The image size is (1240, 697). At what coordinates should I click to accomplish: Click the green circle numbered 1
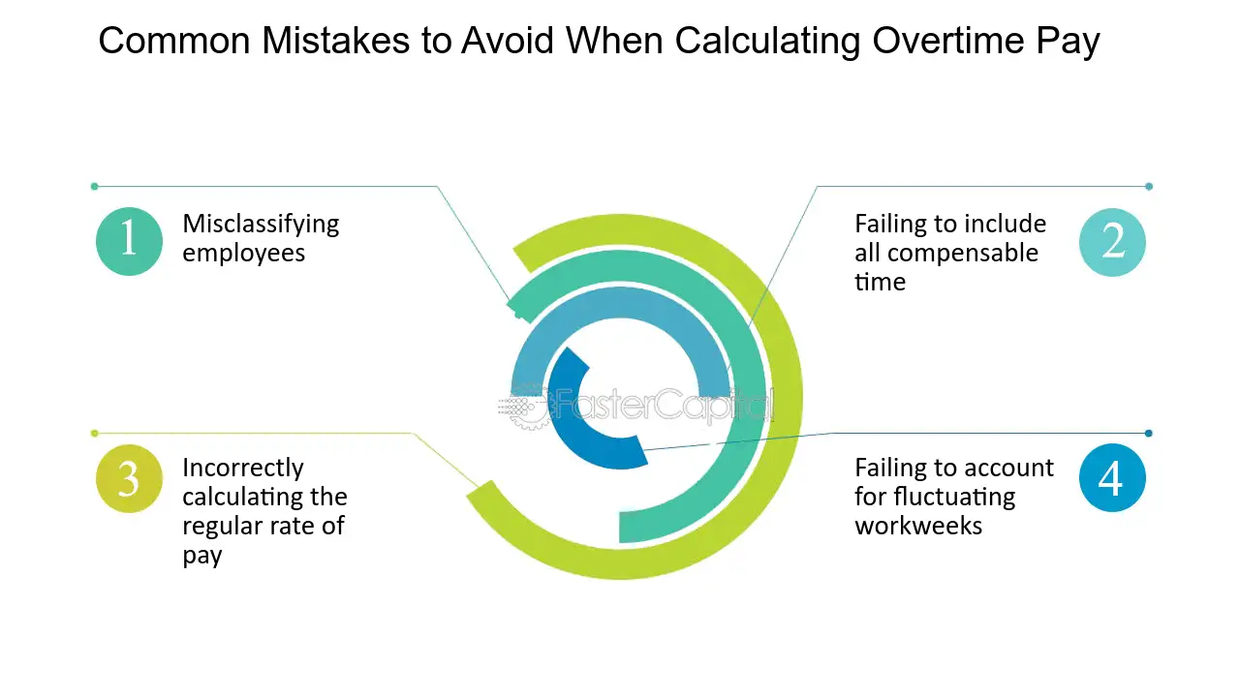click(x=129, y=241)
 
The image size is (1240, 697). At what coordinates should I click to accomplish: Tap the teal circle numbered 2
click(x=1112, y=242)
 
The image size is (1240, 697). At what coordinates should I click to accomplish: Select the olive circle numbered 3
click(x=129, y=478)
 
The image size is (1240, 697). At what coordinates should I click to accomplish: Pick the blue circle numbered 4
click(x=1112, y=478)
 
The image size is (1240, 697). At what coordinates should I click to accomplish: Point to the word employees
click(x=243, y=254)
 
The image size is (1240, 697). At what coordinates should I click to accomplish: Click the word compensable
click(x=963, y=254)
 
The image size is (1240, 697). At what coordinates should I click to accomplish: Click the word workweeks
click(x=918, y=526)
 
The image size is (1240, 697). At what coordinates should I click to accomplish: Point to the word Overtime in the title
click(x=948, y=41)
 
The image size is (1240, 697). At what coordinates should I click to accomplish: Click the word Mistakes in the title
click(x=336, y=41)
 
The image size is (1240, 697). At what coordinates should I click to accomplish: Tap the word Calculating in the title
click(x=768, y=42)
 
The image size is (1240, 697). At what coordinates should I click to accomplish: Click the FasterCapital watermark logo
click(x=636, y=407)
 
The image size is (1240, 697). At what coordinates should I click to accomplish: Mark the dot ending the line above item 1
click(x=95, y=187)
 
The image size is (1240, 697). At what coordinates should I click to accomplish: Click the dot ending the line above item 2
click(x=1149, y=187)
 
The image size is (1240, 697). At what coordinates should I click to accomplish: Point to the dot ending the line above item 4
click(x=1149, y=433)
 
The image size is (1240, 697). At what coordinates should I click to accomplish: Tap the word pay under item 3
click(x=202, y=556)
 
